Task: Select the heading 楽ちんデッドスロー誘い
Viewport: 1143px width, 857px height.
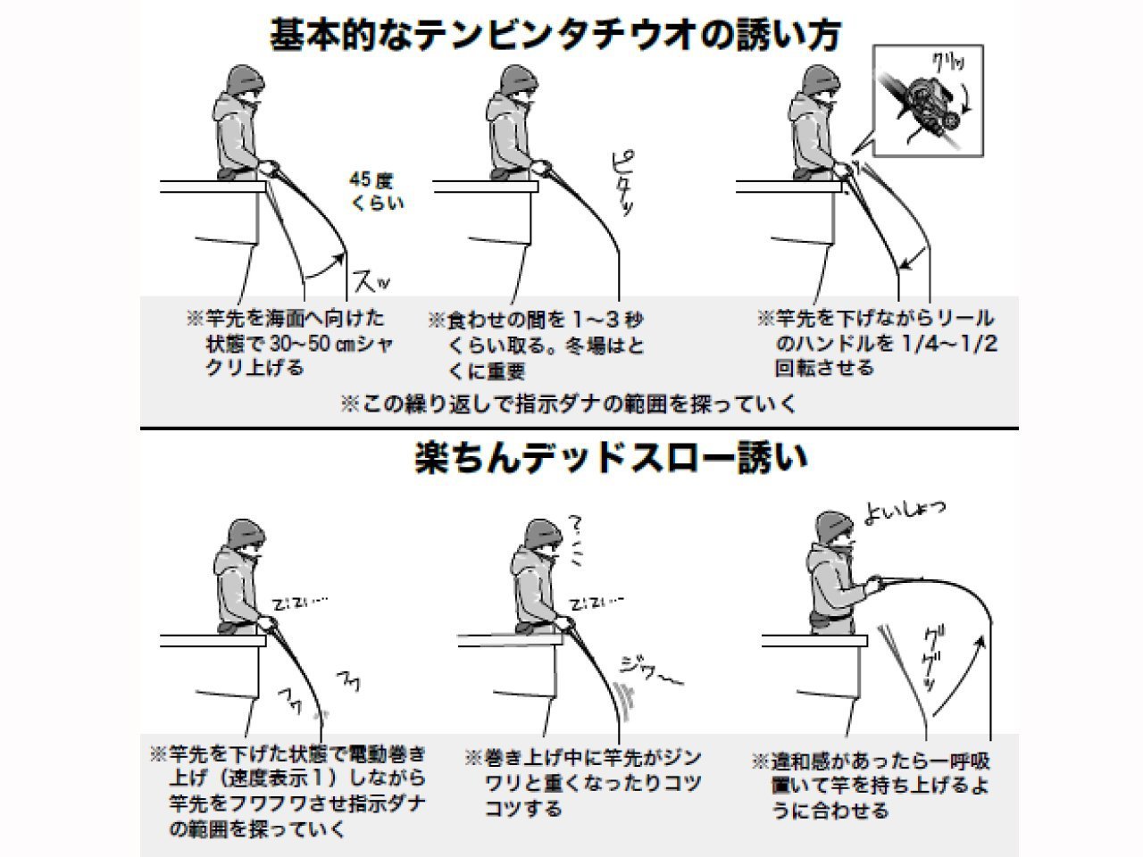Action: pyautogui.click(x=612, y=458)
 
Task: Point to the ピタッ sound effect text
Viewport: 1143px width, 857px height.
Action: pyautogui.click(x=623, y=184)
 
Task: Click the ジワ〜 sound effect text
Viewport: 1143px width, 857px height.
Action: pyautogui.click(x=650, y=671)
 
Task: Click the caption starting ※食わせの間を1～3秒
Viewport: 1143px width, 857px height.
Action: pyautogui.click(x=536, y=345)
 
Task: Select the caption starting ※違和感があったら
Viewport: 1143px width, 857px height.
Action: pyautogui.click(x=870, y=786)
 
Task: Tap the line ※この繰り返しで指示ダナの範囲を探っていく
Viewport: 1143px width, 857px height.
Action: pyautogui.click(x=568, y=404)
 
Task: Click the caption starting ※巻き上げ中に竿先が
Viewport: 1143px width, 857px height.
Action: pyautogui.click(x=583, y=783)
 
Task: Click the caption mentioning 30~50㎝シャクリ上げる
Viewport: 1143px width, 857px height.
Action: pyautogui.click(x=290, y=343)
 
